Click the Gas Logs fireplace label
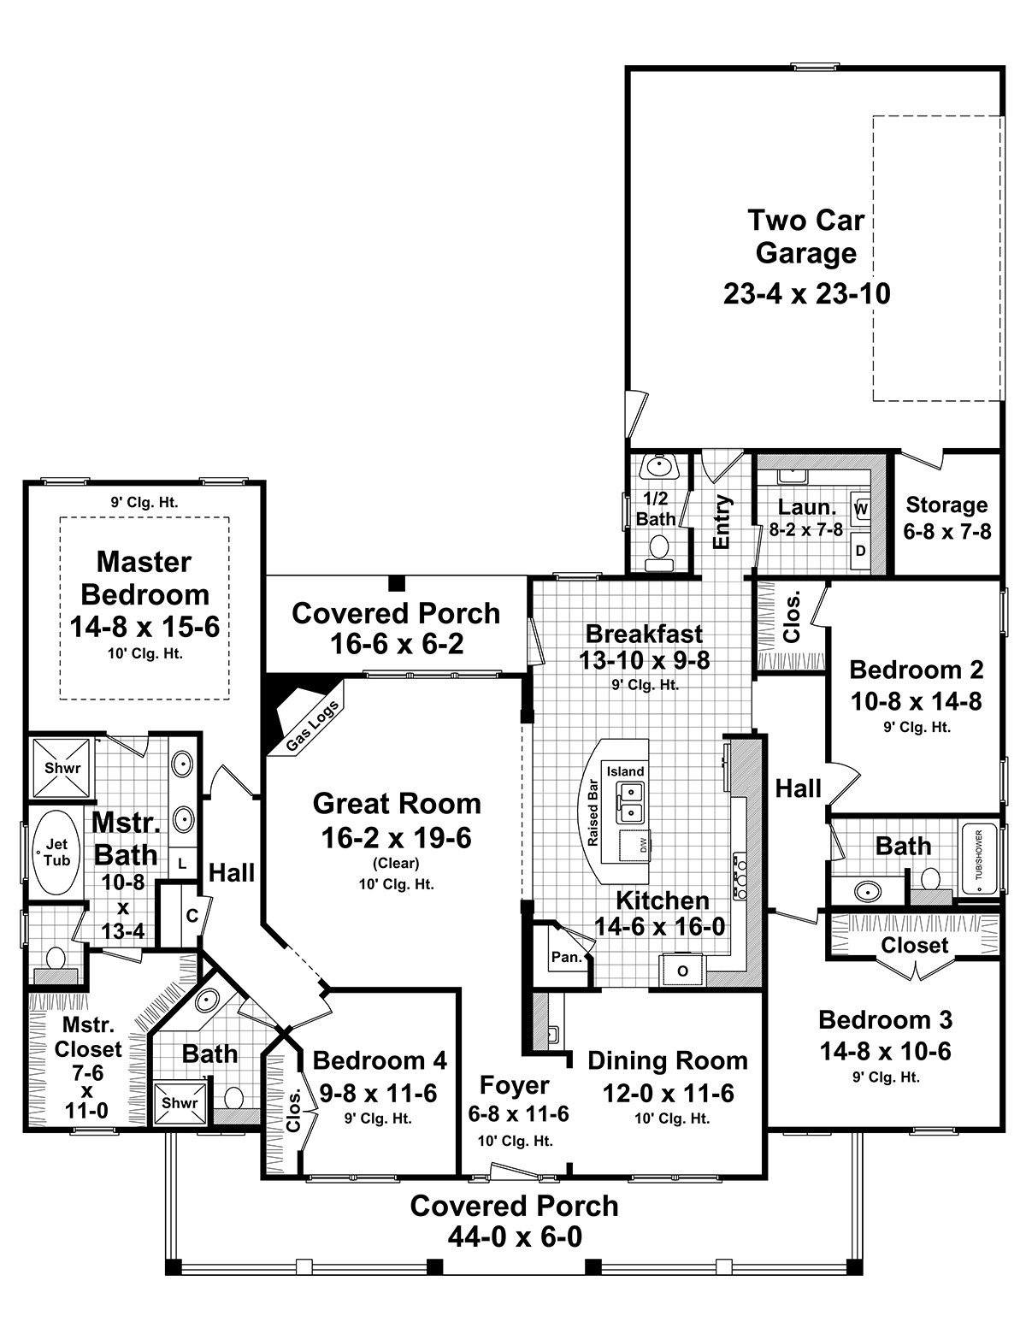point(312,726)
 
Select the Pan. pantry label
point(566,957)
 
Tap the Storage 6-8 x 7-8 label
point(946,517)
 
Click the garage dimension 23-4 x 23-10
point(806,293)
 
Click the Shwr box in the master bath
point(62,768)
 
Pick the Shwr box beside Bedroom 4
point(180,1102)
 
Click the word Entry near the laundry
point(722,521)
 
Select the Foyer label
point(514,1085)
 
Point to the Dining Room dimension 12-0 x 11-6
point(667,1093)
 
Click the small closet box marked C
point(192,916)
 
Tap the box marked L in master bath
point(182,864)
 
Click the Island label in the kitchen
point(625,771)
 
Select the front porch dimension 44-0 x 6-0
point(514,1237)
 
